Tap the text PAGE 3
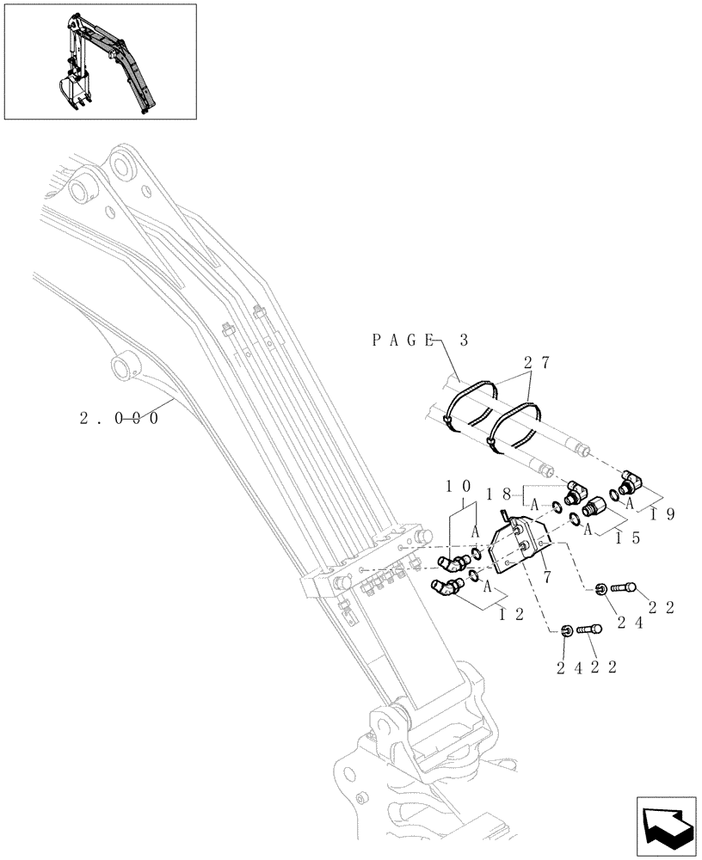coord(420,341)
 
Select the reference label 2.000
coord(119,420)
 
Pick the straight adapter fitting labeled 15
coord(594,513)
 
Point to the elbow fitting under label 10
coord(452,563)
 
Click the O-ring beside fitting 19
coord(616,494)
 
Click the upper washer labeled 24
coord(600,588)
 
